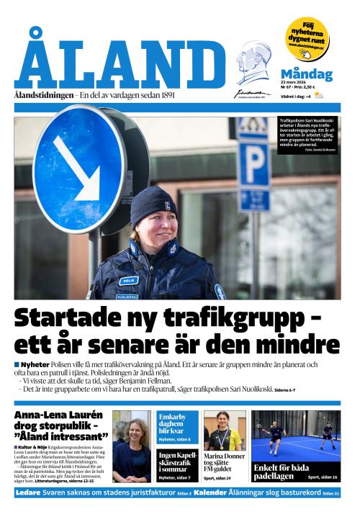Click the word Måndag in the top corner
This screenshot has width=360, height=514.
(x=306, y=74)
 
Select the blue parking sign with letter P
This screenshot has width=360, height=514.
(x=254, y=166)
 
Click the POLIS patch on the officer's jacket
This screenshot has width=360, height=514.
(x=128, y=280)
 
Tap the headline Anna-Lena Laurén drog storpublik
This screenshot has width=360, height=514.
(x=60, y=426)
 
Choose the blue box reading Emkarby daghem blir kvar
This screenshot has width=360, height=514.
(x=178, y=425)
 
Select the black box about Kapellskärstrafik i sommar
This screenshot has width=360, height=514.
(x=178, y=464)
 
